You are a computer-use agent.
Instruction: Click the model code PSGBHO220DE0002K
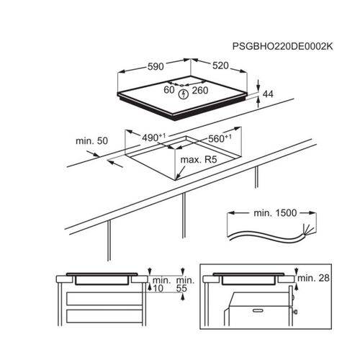coord(283,46)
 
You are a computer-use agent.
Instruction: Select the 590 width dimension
coord(156,66)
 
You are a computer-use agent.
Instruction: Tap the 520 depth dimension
coord(220,66)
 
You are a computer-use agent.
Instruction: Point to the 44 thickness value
coord(268,94)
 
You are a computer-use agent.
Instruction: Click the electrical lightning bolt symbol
coord(184,94)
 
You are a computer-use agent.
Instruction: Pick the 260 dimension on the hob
coord(200,91)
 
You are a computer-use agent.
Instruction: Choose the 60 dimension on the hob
coord(169,90)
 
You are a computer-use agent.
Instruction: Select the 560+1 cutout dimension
coord(220,138)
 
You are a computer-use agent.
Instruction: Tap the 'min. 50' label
coord(91,141)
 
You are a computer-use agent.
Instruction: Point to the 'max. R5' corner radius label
coord(199,160)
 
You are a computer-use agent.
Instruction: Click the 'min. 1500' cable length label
coord(275,213)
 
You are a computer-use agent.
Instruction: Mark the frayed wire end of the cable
coord(307,230)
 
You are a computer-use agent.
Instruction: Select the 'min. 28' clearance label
coord(313,278)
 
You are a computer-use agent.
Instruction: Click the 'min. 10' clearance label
coord(161,284)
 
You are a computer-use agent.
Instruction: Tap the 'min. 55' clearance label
coord(185,284)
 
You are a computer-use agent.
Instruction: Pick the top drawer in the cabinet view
coord(104,299)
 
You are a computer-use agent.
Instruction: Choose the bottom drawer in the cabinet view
coord(104,316)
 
